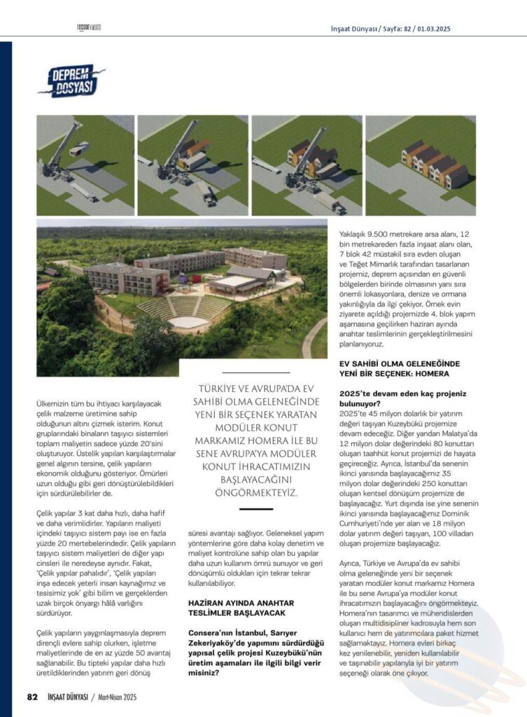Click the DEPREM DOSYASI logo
(71, 81)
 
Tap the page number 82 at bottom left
(31, 697)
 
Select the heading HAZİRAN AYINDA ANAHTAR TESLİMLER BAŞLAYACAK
(241, 607)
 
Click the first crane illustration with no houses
(85, 165)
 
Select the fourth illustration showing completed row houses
(420, 165)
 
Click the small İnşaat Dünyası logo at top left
(90, 28)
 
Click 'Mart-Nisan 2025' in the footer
(116, 697)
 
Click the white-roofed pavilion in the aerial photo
(234, 281)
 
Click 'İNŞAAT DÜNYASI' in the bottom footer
(67, 697)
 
